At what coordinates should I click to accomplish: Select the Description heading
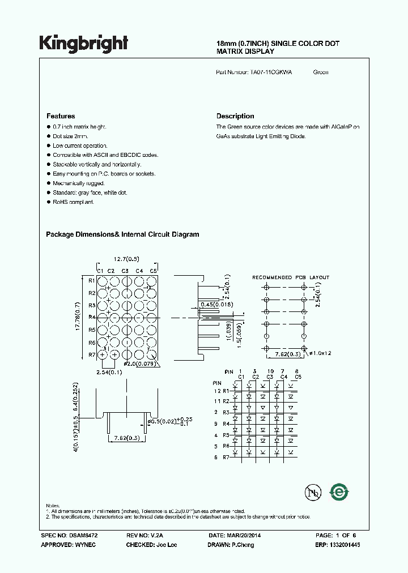(x=235, y=116)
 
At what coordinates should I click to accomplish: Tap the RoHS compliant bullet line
(x=74, y=202)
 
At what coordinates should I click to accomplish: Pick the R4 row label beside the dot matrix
(x=91, y=317)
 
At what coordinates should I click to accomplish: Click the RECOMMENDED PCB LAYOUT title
(x=290, y=277)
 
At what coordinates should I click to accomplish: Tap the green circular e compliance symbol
(x=339, y=493)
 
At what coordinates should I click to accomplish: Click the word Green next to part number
(x=321, y=72)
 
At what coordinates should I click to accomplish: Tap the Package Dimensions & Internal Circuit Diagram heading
(x=122, y=234)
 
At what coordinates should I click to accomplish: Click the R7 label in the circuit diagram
(x=226, y=457)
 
